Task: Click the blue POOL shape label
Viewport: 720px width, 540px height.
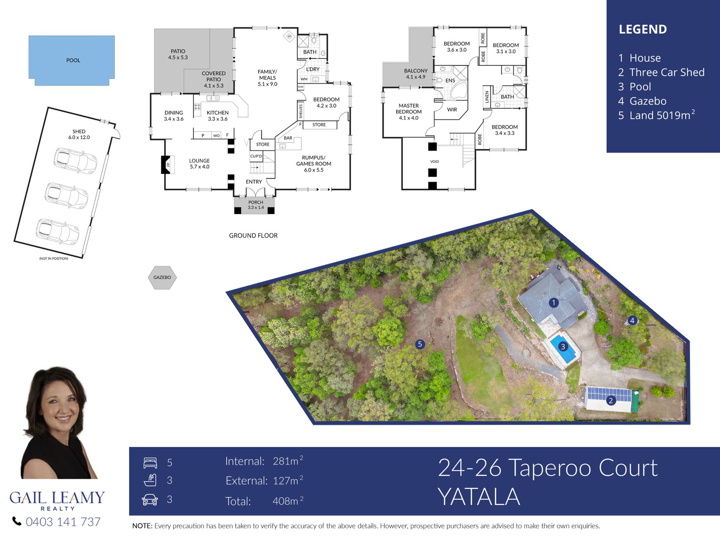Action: click(73, 60)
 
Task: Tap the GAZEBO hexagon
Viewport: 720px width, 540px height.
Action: click(162, 277)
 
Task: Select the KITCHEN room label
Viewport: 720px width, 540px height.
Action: click(218, 113)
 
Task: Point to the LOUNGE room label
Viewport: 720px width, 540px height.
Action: click(199, 161)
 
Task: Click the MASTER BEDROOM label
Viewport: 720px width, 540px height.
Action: click(409, 109)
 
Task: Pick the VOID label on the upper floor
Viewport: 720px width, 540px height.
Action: click(434, 161)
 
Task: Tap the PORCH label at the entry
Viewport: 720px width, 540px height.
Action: click(256, 202)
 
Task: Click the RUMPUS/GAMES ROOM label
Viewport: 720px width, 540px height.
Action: click(314, 161)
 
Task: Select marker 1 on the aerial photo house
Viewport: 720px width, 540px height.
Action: click(554, 302)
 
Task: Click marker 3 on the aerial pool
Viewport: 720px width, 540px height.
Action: click(563, 346)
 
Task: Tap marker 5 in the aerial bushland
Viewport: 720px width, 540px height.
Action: click(419, 344)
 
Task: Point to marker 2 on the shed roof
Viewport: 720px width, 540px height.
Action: click(610, 401)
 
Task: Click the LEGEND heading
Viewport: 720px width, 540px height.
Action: click(643, 29)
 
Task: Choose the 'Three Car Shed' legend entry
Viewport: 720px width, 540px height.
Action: click(667, 72)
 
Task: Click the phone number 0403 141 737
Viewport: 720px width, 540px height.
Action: click(63, 522)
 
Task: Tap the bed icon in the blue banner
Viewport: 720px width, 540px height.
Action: click(150, 463)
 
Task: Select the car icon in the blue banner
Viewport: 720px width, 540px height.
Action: click(150, 499)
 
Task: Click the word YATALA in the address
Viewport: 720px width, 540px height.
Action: click(479, 497)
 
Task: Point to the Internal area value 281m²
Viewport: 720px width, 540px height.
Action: click(288, 461)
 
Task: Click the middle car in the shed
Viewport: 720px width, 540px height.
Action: click(66, 196)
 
